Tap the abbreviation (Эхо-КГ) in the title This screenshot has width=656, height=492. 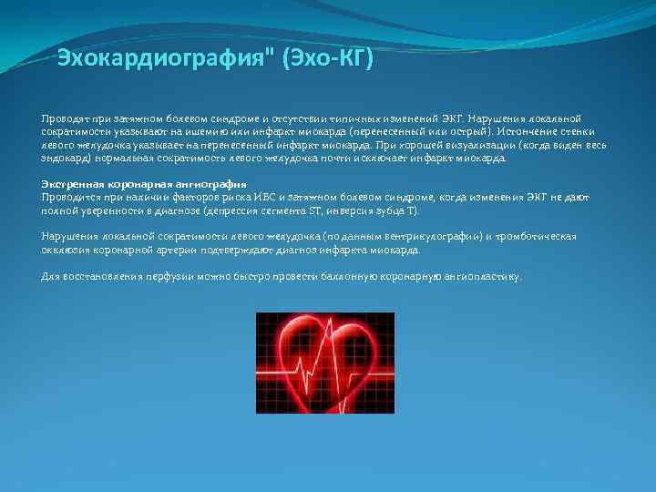[328, 59]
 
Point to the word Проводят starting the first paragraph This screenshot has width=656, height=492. [62, 119]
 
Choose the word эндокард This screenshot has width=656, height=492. [62, 158]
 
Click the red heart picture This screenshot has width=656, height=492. [324, 363]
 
